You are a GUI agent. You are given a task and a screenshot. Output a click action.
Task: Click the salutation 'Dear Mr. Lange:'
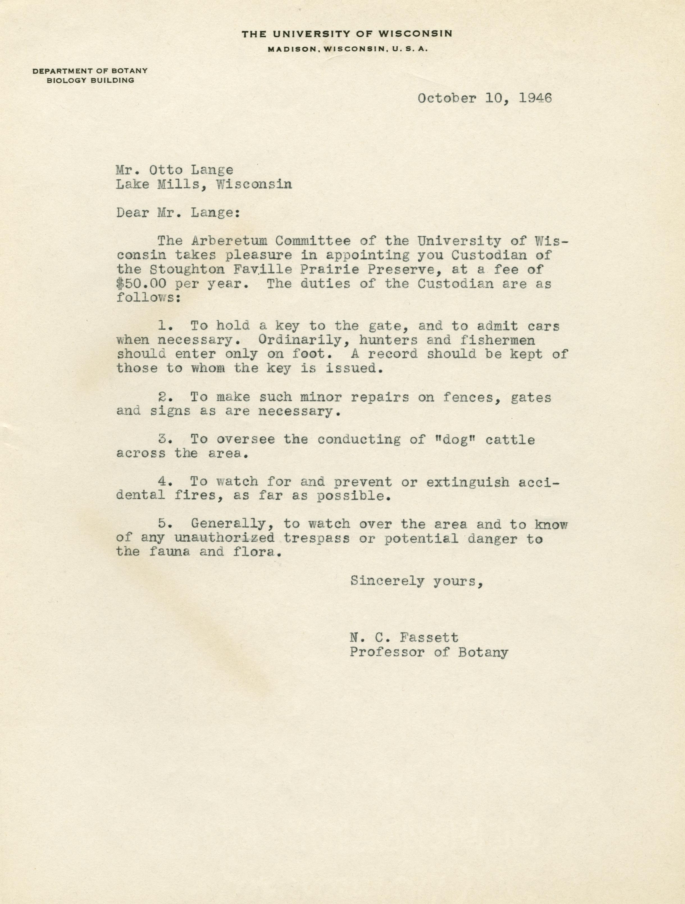click(x=178, y=213)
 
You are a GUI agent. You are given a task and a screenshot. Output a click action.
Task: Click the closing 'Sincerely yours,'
click(x=417, y=581)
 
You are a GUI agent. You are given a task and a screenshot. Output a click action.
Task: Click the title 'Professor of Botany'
click(x=429, y=652)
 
